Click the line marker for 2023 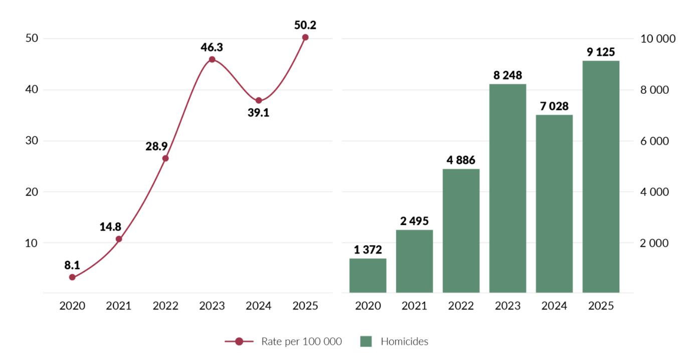coord(212,60)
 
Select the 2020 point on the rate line coord(72,277)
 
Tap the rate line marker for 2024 coord(259,101)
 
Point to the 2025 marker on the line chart coord(305,37)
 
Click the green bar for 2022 coord(461,231)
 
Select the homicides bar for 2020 coord(368,275)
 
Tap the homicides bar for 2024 coord(554,204)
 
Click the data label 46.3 coord(212,48)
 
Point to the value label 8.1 coord(72,265)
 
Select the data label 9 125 coord(601,52)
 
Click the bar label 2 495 coord(414,221)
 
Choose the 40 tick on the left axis coord(32,90)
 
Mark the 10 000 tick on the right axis coord(658,39)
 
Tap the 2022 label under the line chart coord(165,306)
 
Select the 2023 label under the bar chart coord(507,306)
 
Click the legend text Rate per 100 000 coord(301,342)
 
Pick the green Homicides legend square coord(366,342)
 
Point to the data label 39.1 coord(259,113)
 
